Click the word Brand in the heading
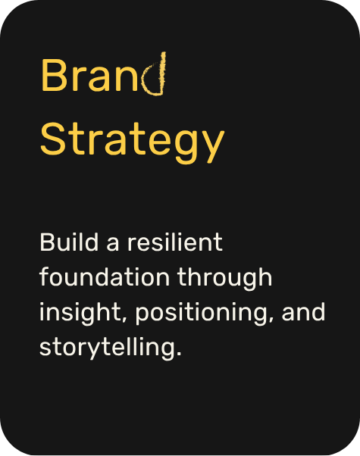(x=104, y=77)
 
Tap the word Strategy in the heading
(x=132, y=139)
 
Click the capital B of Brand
(x=52, y=77)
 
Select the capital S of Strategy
(x=52, y=139)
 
